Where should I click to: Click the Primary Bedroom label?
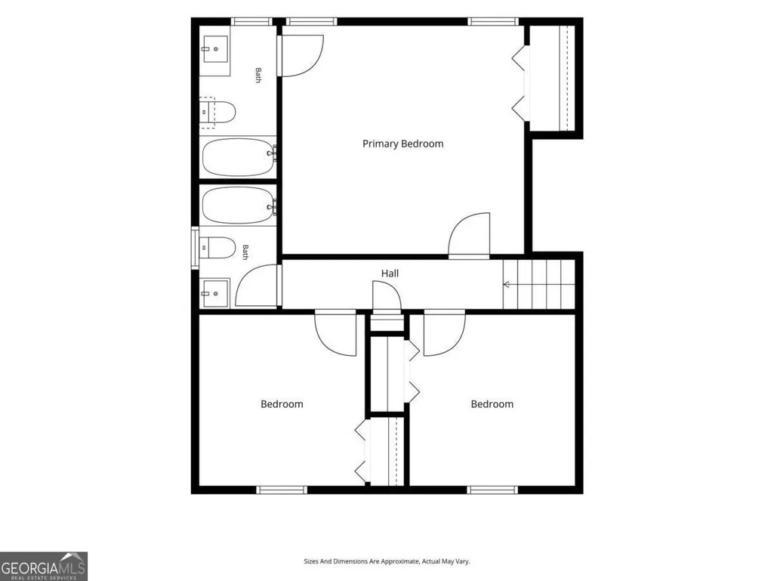[402, 144]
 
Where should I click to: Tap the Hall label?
[390, 274]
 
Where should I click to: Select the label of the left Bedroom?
[282, 404]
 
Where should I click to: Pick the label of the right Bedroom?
[492, 404]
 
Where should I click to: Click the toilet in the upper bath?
[217, 112]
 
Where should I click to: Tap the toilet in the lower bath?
[217, 248]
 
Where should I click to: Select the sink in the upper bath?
[216, 49]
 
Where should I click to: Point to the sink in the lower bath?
[215, 293]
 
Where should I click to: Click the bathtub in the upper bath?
[238, 157]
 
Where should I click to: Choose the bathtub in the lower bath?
[238, 205]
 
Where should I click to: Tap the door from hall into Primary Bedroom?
[469, 236]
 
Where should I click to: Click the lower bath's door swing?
[257, 286]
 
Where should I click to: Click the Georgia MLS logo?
[44, 566]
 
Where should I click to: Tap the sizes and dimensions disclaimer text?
[387, 561]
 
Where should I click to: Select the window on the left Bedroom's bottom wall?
[282, 490]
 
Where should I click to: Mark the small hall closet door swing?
[387, 296]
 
